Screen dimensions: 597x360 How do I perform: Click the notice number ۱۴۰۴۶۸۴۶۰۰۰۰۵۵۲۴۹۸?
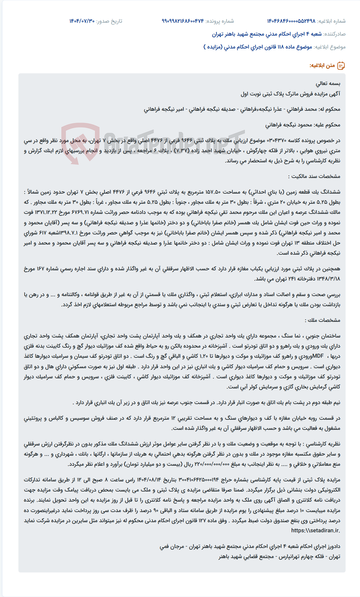coord(291,21)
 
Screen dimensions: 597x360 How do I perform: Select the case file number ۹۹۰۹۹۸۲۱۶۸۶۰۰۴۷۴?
coord(183,21)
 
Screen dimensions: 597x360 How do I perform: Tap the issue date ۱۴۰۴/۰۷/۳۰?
coord(82,21)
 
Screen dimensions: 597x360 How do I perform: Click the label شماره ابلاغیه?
coord(331,21)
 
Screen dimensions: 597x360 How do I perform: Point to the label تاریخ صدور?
coord(109,21)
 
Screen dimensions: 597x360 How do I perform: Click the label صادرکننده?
coord(335,34)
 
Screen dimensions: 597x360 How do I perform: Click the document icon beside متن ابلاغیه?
coord(341,66)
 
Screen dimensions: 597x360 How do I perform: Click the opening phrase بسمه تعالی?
coord(328,83)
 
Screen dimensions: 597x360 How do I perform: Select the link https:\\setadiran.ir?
coord(316,530)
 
